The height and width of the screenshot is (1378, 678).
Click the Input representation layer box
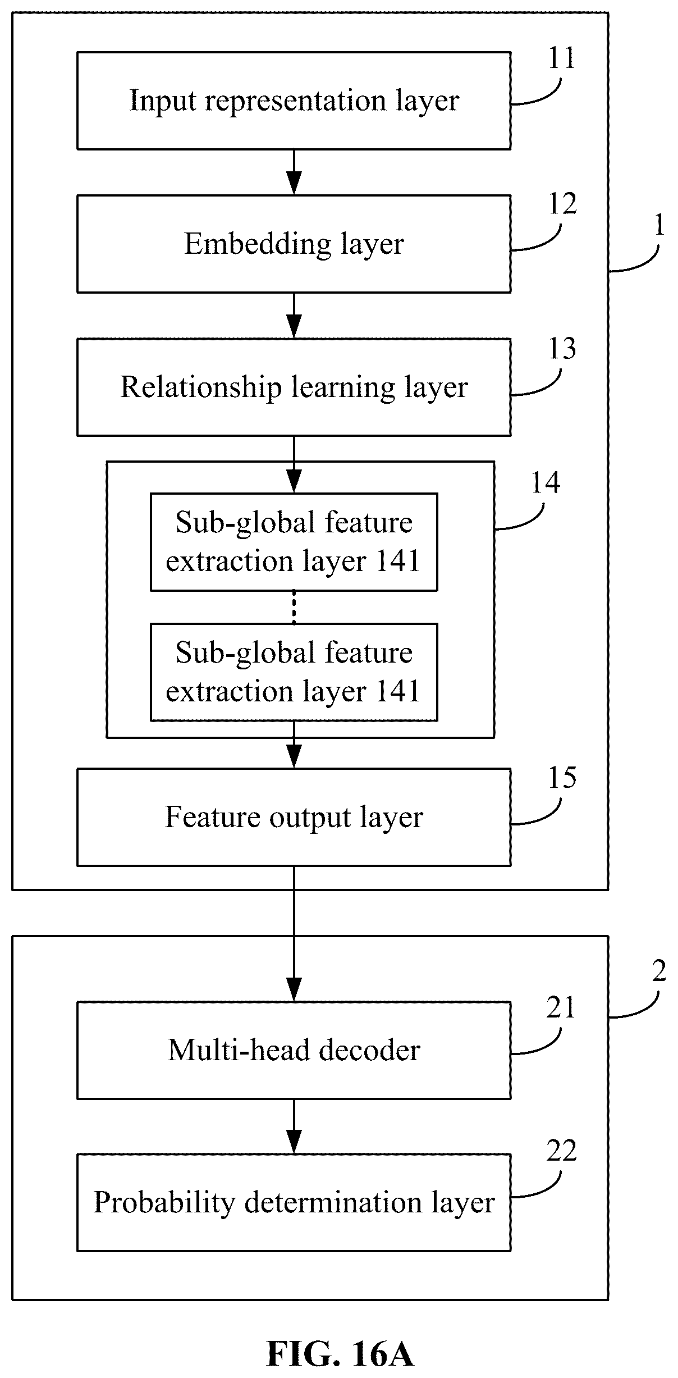click(x=294, y=101)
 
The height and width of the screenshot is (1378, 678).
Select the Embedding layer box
click(x=294, y=244)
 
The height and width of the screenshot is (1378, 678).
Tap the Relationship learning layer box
click(x=294, y=387)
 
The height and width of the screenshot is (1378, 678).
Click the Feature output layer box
click(x=294, y=817)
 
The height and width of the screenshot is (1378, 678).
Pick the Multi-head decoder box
click(x=294, y=1050)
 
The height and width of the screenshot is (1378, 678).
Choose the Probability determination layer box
click(x=294, y=1202)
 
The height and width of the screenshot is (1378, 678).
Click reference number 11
click(x=561, y=58)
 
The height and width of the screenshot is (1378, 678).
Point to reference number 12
click(x=562, y=204)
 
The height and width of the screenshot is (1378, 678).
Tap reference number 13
click(x=562, y=349)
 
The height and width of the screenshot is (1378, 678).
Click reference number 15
click(x=562, y=778)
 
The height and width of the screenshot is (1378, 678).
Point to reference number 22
click(x=562, y=1151)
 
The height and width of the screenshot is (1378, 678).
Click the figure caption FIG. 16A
click(x=340, y=1353)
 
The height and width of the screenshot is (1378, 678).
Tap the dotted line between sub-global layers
click(x=294, y=607)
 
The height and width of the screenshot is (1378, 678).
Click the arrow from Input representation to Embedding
click(x=294, y=172)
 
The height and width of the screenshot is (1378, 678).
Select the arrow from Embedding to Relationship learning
click(x=294, y=316)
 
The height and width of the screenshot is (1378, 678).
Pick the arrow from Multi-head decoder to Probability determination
click(x=294, y=1126)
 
